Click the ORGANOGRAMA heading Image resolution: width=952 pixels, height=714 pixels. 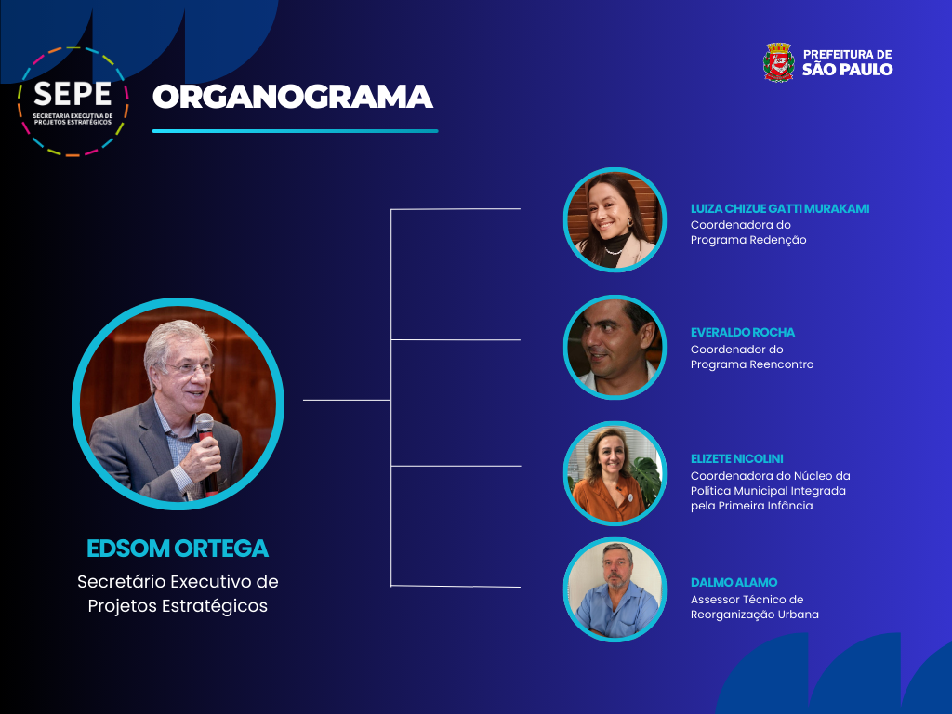pos(293,97)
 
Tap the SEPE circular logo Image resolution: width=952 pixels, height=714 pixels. pos(73,101)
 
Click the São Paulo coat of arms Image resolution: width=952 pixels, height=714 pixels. pos(778,62)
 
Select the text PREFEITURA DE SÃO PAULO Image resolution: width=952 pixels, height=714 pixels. pos(848,62)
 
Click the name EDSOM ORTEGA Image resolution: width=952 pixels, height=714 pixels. pos(178,549)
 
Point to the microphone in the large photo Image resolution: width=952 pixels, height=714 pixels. pos(206,452)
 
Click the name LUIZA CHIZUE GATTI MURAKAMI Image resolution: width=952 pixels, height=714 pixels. pos(780,209)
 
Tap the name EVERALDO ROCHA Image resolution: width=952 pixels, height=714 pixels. pos(743,332)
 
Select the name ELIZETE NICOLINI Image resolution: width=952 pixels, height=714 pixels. pos(736,459)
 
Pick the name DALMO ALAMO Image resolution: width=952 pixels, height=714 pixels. pos(734,582)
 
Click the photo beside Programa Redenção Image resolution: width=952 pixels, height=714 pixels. pos(615,219)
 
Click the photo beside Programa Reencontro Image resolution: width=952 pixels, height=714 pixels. pos(615,348)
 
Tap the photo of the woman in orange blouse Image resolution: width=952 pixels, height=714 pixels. pos(615,473)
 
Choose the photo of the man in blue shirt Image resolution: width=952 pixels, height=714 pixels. pos(615,589)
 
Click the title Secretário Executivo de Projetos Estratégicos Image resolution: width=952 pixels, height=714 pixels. pos(178,594)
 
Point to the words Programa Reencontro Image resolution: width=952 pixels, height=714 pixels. pos(751,364)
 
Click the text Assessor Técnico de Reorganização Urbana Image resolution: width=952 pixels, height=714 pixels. pos(755,607)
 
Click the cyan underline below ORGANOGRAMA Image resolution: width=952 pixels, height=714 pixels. pos(295,130)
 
